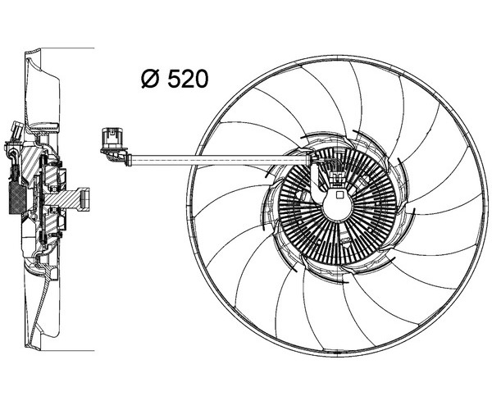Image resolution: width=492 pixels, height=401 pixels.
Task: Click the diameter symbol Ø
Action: click(x=149, y=79)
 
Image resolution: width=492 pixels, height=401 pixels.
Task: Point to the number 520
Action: click(x=188, y=79)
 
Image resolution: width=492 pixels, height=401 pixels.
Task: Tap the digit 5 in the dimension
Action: click(x=174, y=79)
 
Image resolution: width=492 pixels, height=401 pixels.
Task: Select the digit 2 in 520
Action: click(x=188, y=79)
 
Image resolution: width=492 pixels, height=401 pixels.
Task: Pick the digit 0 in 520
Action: click(x=202, y=79)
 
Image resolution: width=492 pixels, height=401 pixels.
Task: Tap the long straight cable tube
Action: click(x=220, y=160)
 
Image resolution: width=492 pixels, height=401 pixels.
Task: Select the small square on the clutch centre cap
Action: click(x=339, y=195)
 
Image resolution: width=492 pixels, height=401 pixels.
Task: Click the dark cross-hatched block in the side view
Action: click(x=17, y=198)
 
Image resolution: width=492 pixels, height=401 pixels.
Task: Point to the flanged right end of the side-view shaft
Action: click(x=83, y=198)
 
